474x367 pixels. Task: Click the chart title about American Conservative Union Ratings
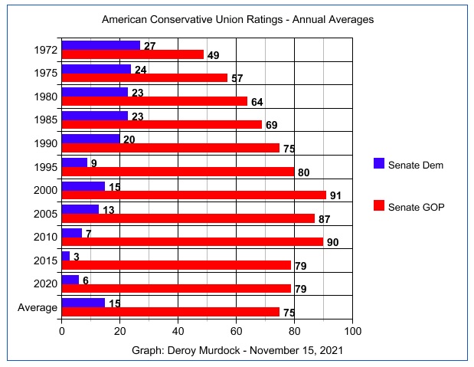click(237, 18)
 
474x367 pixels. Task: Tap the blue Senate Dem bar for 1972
click(100, 45)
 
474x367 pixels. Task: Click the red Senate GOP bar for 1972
click(132, 54)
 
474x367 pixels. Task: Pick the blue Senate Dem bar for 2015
click(66, 256)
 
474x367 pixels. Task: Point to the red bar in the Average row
click(170, 312)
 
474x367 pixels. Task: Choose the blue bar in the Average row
click(83, 303)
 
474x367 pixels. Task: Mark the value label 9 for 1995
click(93, 162)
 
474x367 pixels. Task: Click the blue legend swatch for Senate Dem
click(378, 164)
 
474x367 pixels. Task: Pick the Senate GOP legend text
click(416, 207)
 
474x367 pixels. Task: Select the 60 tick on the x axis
click(237, 332)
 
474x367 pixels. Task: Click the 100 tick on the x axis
click(353, 332)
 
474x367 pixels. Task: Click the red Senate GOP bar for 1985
click(162, 125)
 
